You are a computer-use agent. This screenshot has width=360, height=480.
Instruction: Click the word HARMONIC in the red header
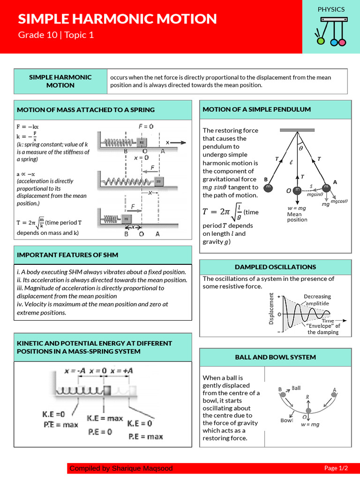point(116,19)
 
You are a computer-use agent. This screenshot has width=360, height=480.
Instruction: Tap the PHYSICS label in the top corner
point(331,9)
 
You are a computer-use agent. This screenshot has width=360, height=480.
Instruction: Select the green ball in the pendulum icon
point(321,41)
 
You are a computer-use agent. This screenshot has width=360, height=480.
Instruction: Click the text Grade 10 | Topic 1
point(56,35)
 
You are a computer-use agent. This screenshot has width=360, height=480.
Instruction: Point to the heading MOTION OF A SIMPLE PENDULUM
point(256,109)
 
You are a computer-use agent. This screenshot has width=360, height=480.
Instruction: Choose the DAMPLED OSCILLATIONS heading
point(275,267)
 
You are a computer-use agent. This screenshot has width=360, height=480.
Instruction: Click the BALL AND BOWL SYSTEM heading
point(275,357)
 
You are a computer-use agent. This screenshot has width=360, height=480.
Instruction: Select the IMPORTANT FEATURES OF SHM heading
point(67,255)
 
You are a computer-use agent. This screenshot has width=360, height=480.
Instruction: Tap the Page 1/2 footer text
point(336,468)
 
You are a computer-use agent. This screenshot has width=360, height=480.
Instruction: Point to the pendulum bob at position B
point(269,187)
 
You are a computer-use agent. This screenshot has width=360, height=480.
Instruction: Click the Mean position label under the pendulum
point(297,217)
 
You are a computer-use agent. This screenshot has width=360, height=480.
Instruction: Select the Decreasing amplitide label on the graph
point(317,300)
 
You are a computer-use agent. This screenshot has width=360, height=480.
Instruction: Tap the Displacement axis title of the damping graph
point(271,308)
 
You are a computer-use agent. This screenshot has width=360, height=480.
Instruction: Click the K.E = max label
point(105,418)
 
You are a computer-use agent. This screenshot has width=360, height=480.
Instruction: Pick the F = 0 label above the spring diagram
point(146,126)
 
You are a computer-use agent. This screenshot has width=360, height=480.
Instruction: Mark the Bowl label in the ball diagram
point(286,420)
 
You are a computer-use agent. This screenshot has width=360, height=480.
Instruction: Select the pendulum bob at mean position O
point(297,190)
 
